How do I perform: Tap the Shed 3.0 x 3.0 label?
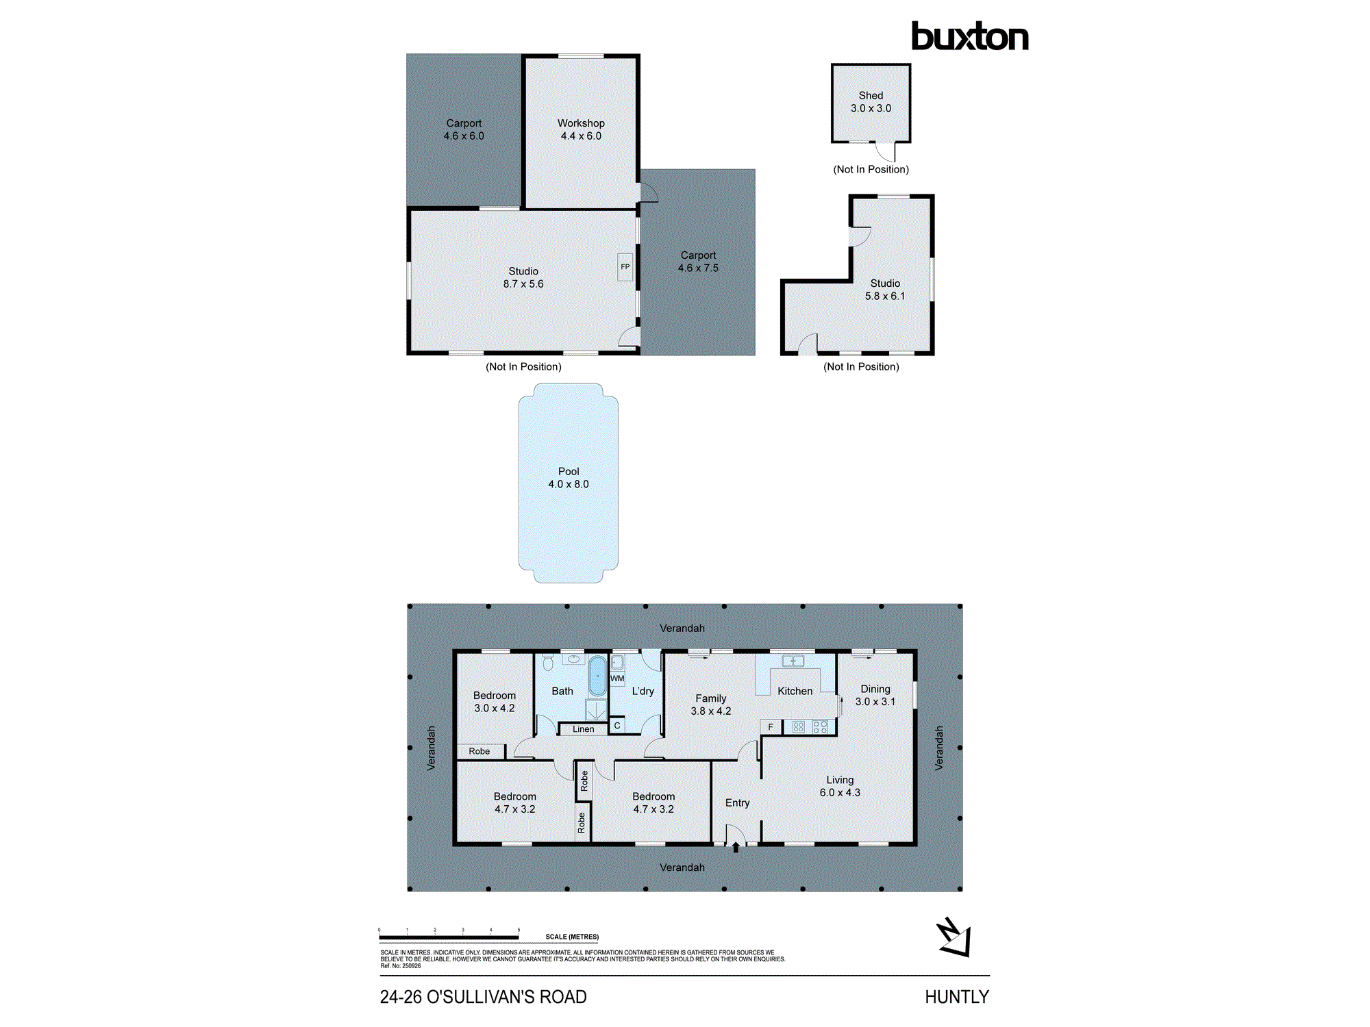point(871,102)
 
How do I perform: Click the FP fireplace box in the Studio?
point(625,267)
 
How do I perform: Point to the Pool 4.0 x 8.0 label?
point(568,478)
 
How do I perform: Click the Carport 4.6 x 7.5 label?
point(698,262)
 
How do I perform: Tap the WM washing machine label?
point(617,679)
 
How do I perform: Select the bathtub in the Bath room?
point(597,676)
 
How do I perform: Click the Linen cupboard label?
point(583,729)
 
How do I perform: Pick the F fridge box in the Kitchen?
point(771,727)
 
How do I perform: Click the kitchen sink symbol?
point(793,661)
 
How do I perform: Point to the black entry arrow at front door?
point(736,848)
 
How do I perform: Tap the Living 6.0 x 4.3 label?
point(840,786)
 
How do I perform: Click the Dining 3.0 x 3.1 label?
point(875,695)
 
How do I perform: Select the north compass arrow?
point(954,937)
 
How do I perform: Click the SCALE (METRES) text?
point(572,937)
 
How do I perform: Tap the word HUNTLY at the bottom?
point(956,997)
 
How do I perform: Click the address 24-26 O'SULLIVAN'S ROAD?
point(483,997)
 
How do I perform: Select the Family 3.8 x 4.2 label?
point(710,705)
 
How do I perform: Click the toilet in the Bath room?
point(548,662)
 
